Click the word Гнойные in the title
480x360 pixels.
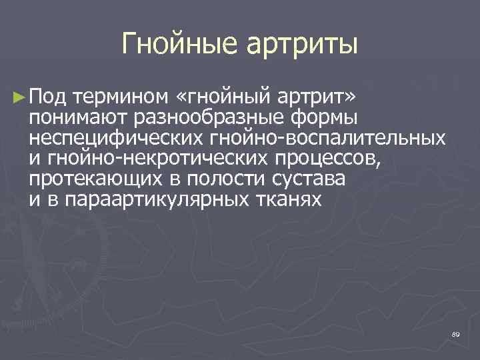[x=181, y=45]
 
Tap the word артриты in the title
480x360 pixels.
[x=303, y=45]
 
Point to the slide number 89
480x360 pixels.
[x=455, y=333]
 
